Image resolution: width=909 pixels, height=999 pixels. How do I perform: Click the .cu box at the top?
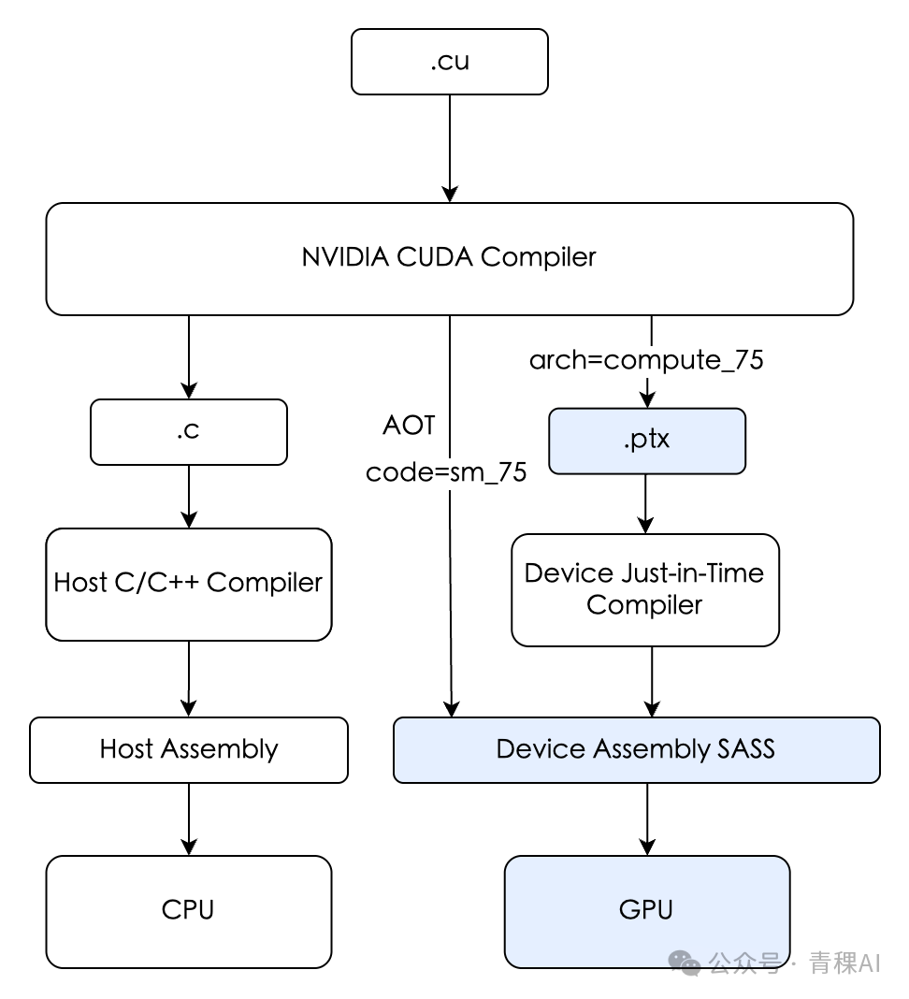click(450, 62)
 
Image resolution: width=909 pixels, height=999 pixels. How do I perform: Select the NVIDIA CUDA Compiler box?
click(450, 259)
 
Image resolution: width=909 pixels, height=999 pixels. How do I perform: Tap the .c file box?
click(189, 432)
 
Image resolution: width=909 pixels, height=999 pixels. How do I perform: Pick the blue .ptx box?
click(647, 441)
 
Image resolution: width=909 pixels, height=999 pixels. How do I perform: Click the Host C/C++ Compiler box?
click(189, 585)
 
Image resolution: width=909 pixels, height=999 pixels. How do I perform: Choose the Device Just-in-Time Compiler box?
click(645, 590)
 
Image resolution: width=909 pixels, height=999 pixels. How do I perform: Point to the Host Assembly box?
click(189, 750)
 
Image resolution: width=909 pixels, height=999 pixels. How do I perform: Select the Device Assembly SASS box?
click(637, 750)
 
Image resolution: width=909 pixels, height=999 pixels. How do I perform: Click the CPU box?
click(189, 912)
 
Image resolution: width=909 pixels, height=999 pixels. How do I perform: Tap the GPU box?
click(647, 912)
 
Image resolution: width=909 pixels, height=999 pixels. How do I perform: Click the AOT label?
click(409, 425)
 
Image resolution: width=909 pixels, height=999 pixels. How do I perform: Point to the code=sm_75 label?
click(446, 472)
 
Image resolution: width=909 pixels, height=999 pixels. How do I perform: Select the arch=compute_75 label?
click(646, 361)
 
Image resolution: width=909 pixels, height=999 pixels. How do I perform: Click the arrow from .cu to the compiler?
click(450, 149)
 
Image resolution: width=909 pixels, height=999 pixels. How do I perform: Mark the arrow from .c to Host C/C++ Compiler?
click(189, 497)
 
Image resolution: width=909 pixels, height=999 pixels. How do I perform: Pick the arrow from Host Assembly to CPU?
click(189, 818)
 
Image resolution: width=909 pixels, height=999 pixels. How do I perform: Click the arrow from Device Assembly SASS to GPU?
click(647, 818)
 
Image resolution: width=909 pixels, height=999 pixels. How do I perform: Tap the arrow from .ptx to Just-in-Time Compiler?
click(645, 504)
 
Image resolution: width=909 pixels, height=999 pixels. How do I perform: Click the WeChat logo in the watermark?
click(685, 962)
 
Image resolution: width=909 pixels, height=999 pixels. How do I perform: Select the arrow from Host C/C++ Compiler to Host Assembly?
click(189, 678)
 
